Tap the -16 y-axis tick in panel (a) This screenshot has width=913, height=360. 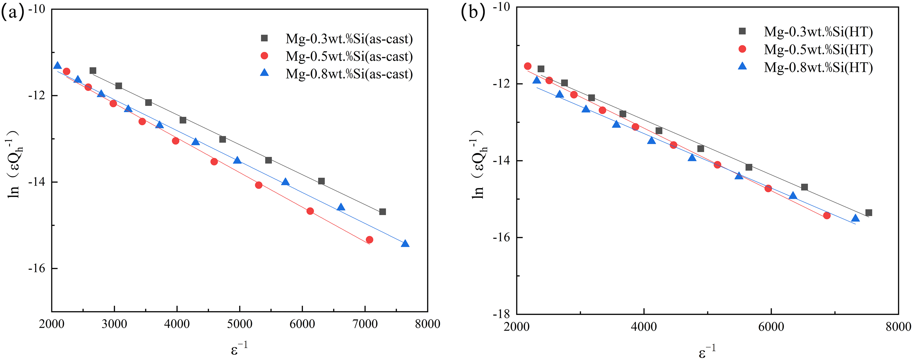(37, 268)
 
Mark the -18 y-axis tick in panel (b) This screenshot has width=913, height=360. (501, 314)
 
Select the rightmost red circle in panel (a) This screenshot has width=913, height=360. (369, 240)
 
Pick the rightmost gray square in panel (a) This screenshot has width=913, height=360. (382, 212)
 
